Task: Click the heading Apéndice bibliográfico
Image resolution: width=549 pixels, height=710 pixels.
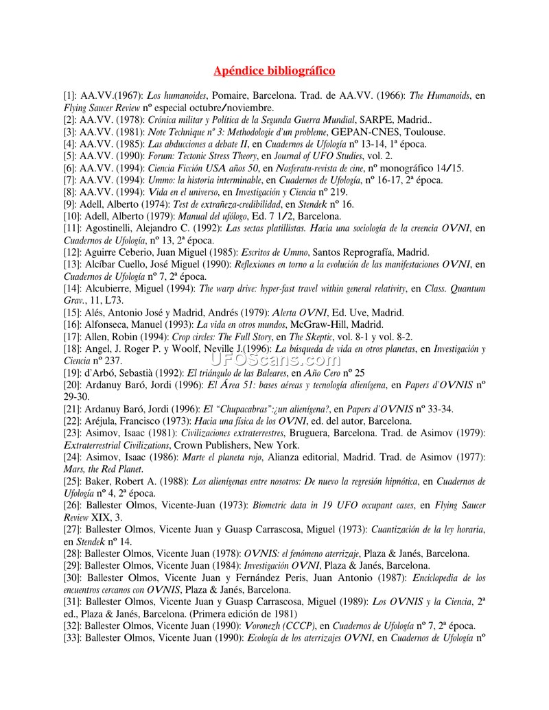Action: [x=274, y=71]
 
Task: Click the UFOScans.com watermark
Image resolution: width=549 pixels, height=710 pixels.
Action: [x=274, y=358]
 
